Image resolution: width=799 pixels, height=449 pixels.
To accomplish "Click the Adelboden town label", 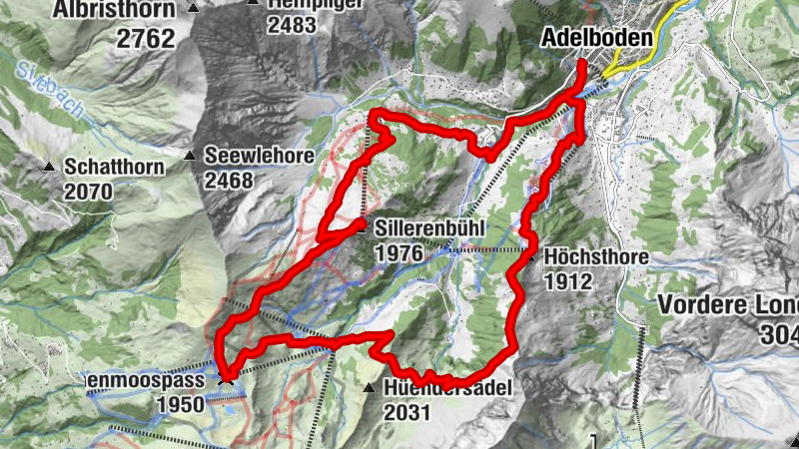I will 596,38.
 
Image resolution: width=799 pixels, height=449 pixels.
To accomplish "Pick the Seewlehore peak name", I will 260,156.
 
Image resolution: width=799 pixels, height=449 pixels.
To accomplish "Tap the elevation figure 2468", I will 230,181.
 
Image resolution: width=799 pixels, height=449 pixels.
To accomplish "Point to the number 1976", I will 399,253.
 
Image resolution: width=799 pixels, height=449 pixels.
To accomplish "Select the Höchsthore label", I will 597,257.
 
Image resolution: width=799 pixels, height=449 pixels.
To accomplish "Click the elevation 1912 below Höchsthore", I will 569,282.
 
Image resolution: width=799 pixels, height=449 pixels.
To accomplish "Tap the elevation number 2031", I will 405,412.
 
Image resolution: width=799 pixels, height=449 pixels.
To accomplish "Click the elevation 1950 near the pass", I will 180,404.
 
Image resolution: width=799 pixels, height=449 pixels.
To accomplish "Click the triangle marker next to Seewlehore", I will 190,156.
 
